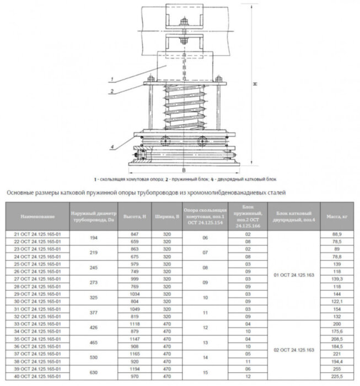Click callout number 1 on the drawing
click(112, 80)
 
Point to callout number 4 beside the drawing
click(112, 146)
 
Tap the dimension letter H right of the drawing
click(255, 84)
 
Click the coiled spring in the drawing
click(181, 105)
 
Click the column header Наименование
click(37, 216)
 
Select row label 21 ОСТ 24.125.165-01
click(37, 234)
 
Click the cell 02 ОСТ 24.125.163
click(293, 350)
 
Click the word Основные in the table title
click(20, 192)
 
